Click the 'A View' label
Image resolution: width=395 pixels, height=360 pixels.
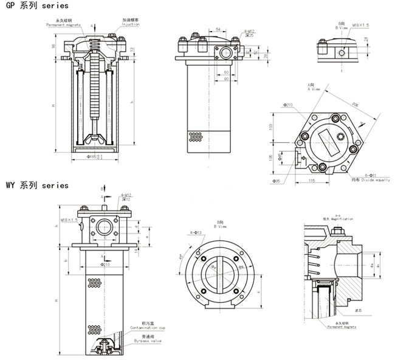(x=314, y=89)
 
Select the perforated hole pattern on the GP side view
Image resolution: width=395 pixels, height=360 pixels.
(x=195, y=136)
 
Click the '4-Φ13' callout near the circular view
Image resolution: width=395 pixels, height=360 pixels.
(x=194, y=233)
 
